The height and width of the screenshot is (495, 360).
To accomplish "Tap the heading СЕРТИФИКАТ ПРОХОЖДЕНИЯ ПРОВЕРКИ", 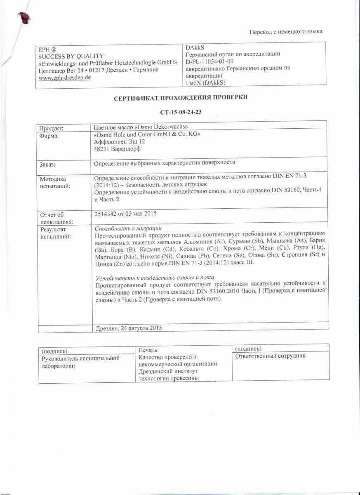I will tap(181, 97).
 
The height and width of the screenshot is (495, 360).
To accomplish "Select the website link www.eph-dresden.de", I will tap(64, 77).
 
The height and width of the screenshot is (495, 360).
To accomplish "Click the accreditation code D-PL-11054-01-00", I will tap(210, 61).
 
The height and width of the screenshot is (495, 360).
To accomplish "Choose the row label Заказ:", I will tap(47, 165).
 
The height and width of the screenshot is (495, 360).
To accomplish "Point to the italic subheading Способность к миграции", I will tap(128, 228).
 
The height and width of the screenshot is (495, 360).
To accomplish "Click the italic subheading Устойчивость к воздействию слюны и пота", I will tap(155, 277).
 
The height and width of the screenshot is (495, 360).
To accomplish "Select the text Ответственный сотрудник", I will tap(270, 356).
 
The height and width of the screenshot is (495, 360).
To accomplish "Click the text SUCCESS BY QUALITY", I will tap(71, 56).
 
